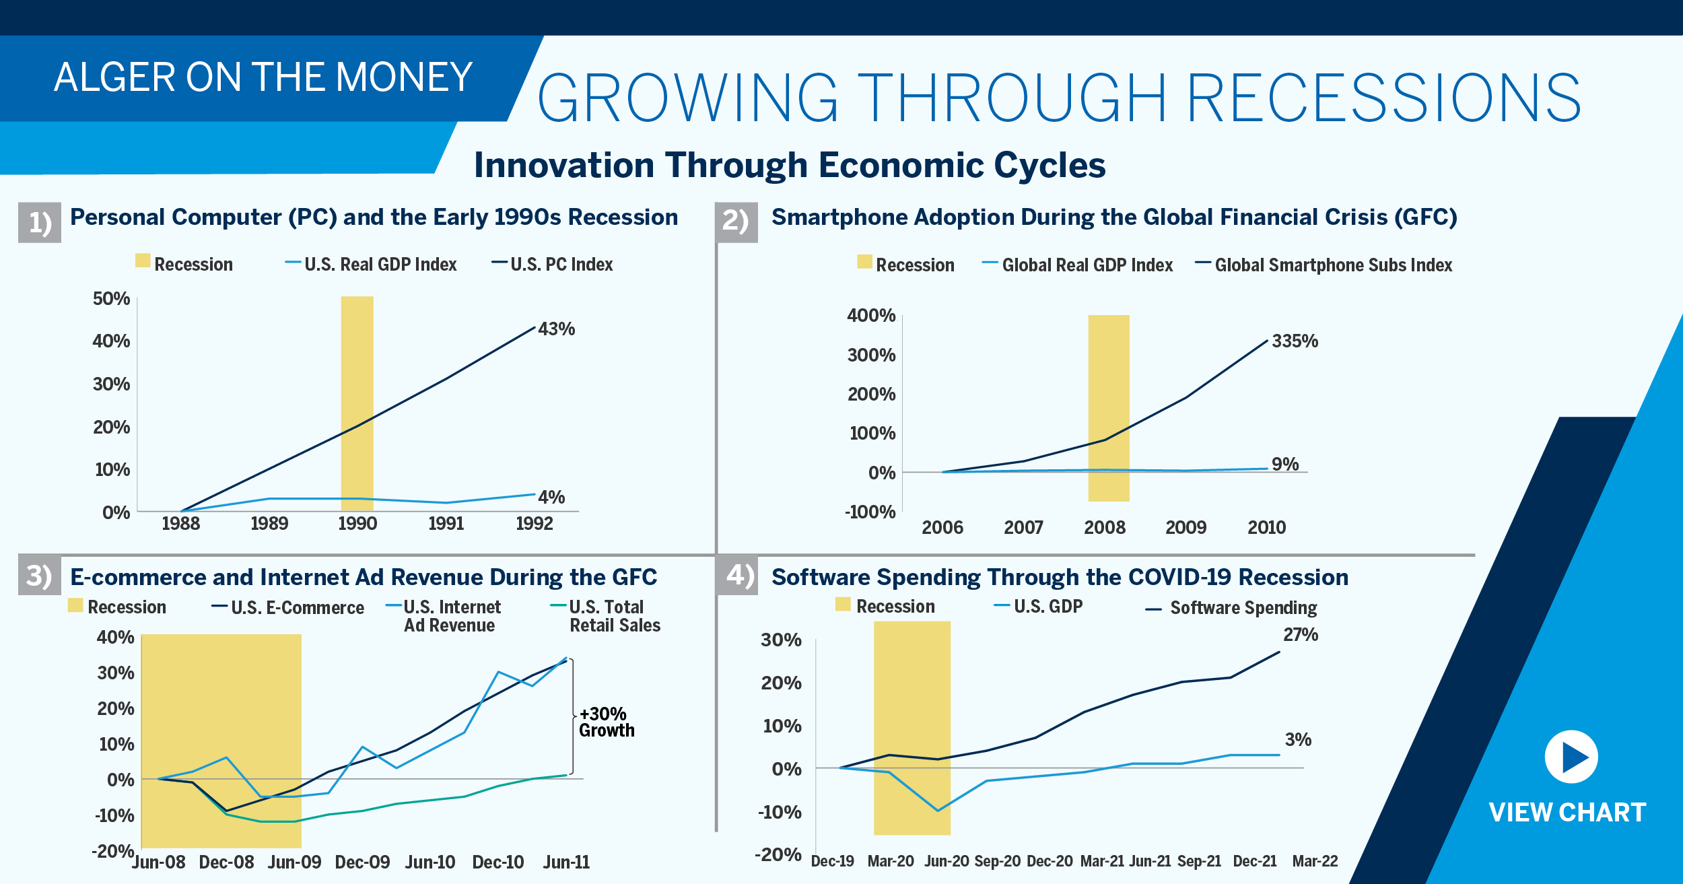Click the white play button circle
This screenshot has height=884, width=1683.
click(x=1571, y=757)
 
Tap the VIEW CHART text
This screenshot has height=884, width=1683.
click(x=1567, y=813)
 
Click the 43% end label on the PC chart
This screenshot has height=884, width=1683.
click(x=556, y=329)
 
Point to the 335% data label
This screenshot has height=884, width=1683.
click(x=1295, y=341)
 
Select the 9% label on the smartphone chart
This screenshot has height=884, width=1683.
click(x=1284, y=464)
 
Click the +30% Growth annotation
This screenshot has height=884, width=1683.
click(x=606, y=722)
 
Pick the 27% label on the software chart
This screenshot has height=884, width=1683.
click(x=1300, y=635)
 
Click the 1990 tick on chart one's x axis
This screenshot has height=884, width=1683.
click(x=357, y=524)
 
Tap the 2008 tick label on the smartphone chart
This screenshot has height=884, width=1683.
click(x=1104, y=528)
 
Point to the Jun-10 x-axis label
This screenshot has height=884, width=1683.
click(x=430, y=862)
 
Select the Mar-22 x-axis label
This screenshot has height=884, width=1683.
click(x=1315, y=861)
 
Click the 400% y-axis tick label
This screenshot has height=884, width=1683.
click(x=871, y=316)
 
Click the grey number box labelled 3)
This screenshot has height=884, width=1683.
click(x=39, y=576)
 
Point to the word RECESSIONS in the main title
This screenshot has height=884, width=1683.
click(x=1383, y=98)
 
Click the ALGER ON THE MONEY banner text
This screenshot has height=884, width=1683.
click(x=263, y=77)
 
